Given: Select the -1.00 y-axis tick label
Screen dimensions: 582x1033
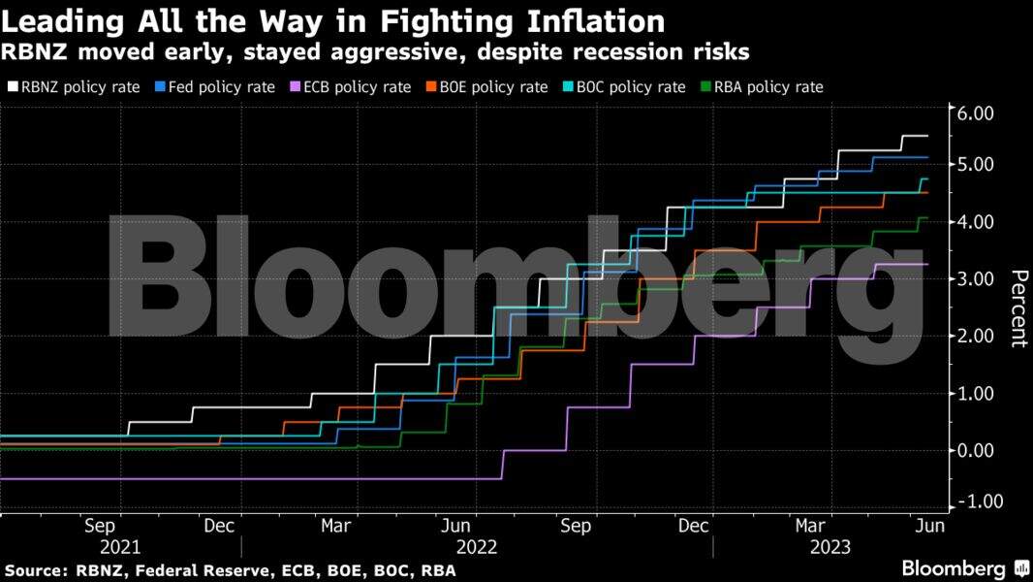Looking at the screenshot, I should (986, 501).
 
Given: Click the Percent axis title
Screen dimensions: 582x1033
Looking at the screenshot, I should (1017, 308).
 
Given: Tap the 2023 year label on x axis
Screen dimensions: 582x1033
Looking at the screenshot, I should (830, 547).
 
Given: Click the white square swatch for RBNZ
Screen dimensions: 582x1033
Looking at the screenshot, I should (13, 87).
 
